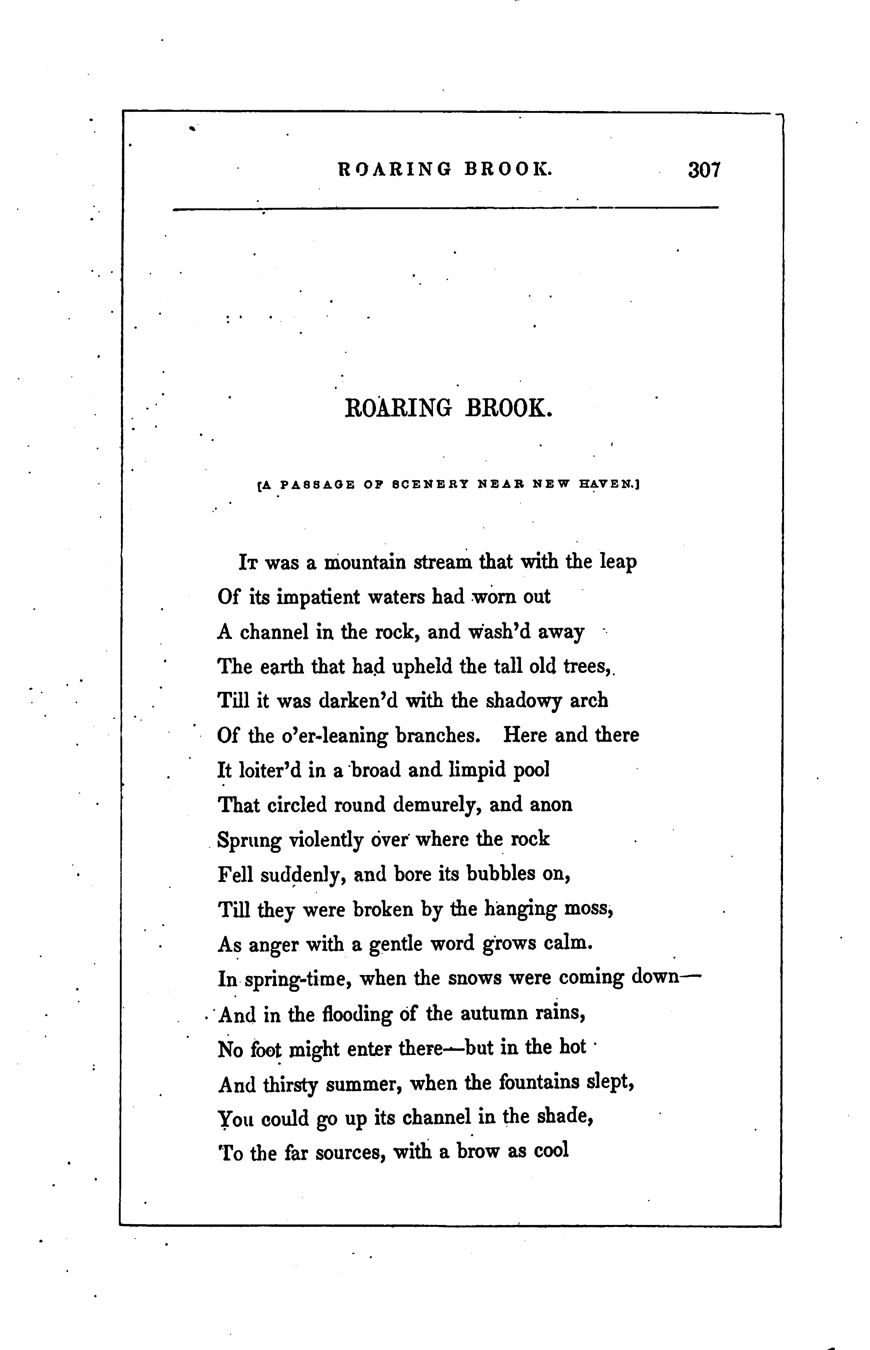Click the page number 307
click(704, 170)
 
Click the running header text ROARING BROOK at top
click(445, 169)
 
